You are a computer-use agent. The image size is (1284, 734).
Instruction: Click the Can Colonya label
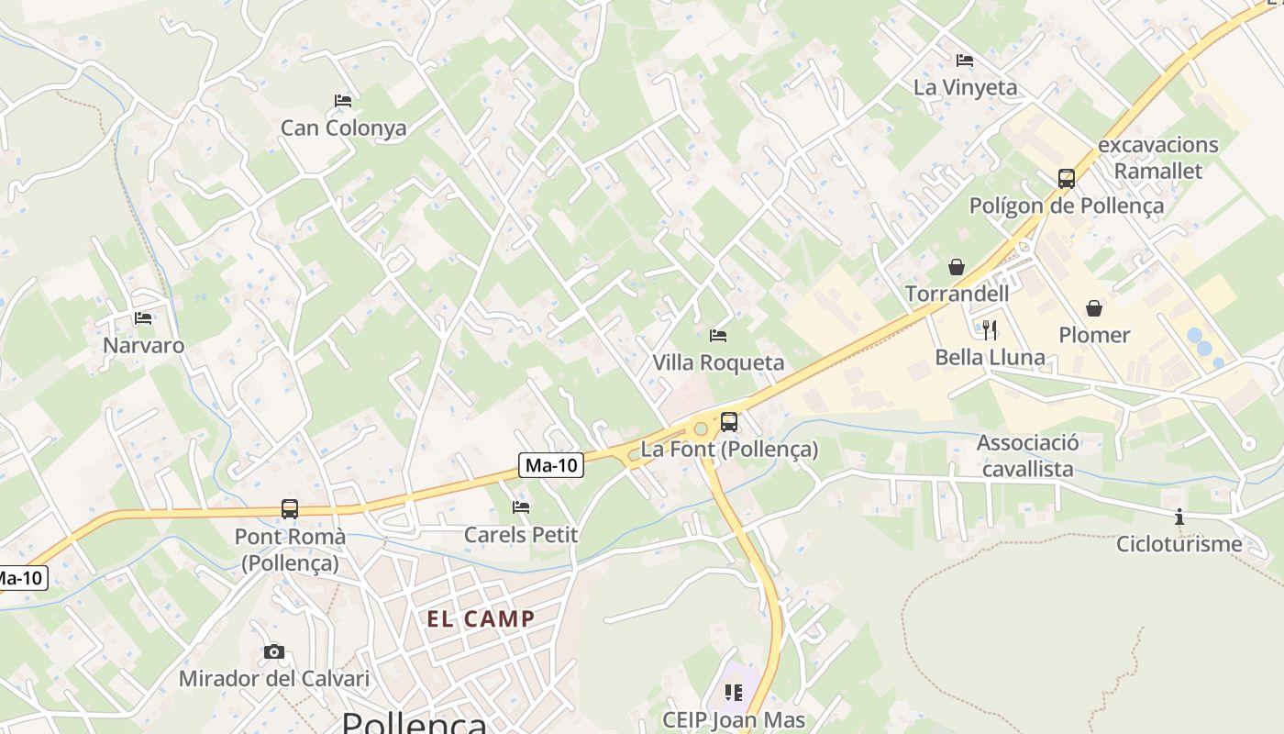(343, 128)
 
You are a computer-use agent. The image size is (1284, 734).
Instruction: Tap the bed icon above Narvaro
(143, 318)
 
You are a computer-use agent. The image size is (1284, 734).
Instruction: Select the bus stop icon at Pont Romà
(290, 508)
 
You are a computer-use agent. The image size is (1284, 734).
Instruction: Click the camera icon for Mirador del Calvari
(273, 651)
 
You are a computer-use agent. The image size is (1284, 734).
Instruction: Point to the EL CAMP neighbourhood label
(481, 618)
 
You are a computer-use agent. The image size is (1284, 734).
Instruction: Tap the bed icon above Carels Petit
(521, 506)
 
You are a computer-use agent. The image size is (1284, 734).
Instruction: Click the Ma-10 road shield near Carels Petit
(551, 465)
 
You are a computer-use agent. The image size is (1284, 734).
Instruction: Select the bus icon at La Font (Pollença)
(729, 421)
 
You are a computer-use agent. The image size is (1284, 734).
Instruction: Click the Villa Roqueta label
(718, 362)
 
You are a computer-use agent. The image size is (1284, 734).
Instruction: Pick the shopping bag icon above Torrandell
(957, 266)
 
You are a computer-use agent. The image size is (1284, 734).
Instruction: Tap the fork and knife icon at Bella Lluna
(990, 329)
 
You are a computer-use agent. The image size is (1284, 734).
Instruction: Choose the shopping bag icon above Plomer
(1094, 307)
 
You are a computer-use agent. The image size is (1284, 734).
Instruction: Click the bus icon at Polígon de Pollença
(1066, 178)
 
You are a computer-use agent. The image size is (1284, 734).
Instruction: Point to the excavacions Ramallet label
(1158, 158)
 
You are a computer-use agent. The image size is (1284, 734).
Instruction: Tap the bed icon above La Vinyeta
(965, 60)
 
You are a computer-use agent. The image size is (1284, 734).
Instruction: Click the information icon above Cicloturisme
(1179, 517)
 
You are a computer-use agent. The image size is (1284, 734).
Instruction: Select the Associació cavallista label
(1027, 455)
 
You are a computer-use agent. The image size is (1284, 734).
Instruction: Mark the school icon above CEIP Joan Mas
(733, 692)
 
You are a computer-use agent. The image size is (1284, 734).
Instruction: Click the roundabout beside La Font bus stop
(702, 428)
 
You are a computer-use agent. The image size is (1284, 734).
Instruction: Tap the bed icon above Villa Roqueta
(718, 336)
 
